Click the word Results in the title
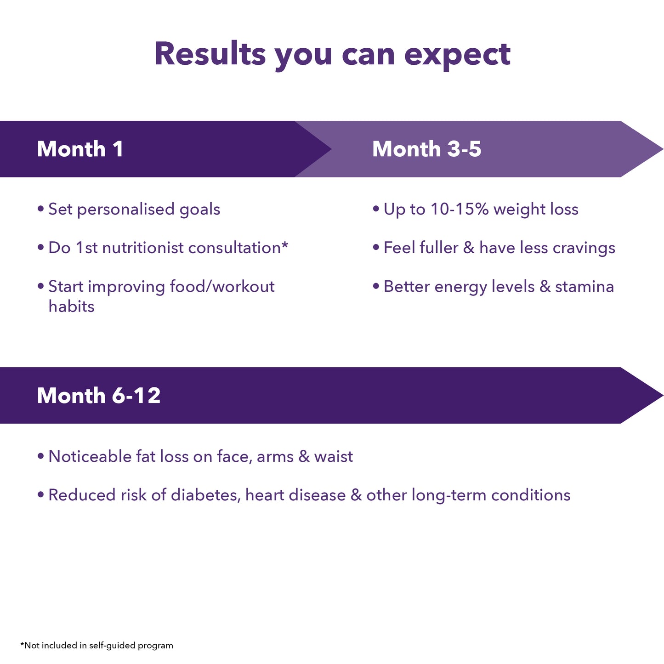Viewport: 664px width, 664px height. coord(210,54)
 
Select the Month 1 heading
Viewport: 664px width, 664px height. coord(80,149)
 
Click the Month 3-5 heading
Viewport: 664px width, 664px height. coord(426,149)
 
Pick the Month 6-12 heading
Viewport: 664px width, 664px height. coord(99,396)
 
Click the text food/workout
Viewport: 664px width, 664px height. coord(222,287)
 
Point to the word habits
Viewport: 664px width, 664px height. coord(71,306)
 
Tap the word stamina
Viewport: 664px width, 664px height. coord(584,287)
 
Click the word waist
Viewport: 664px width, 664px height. coord(334,456)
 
